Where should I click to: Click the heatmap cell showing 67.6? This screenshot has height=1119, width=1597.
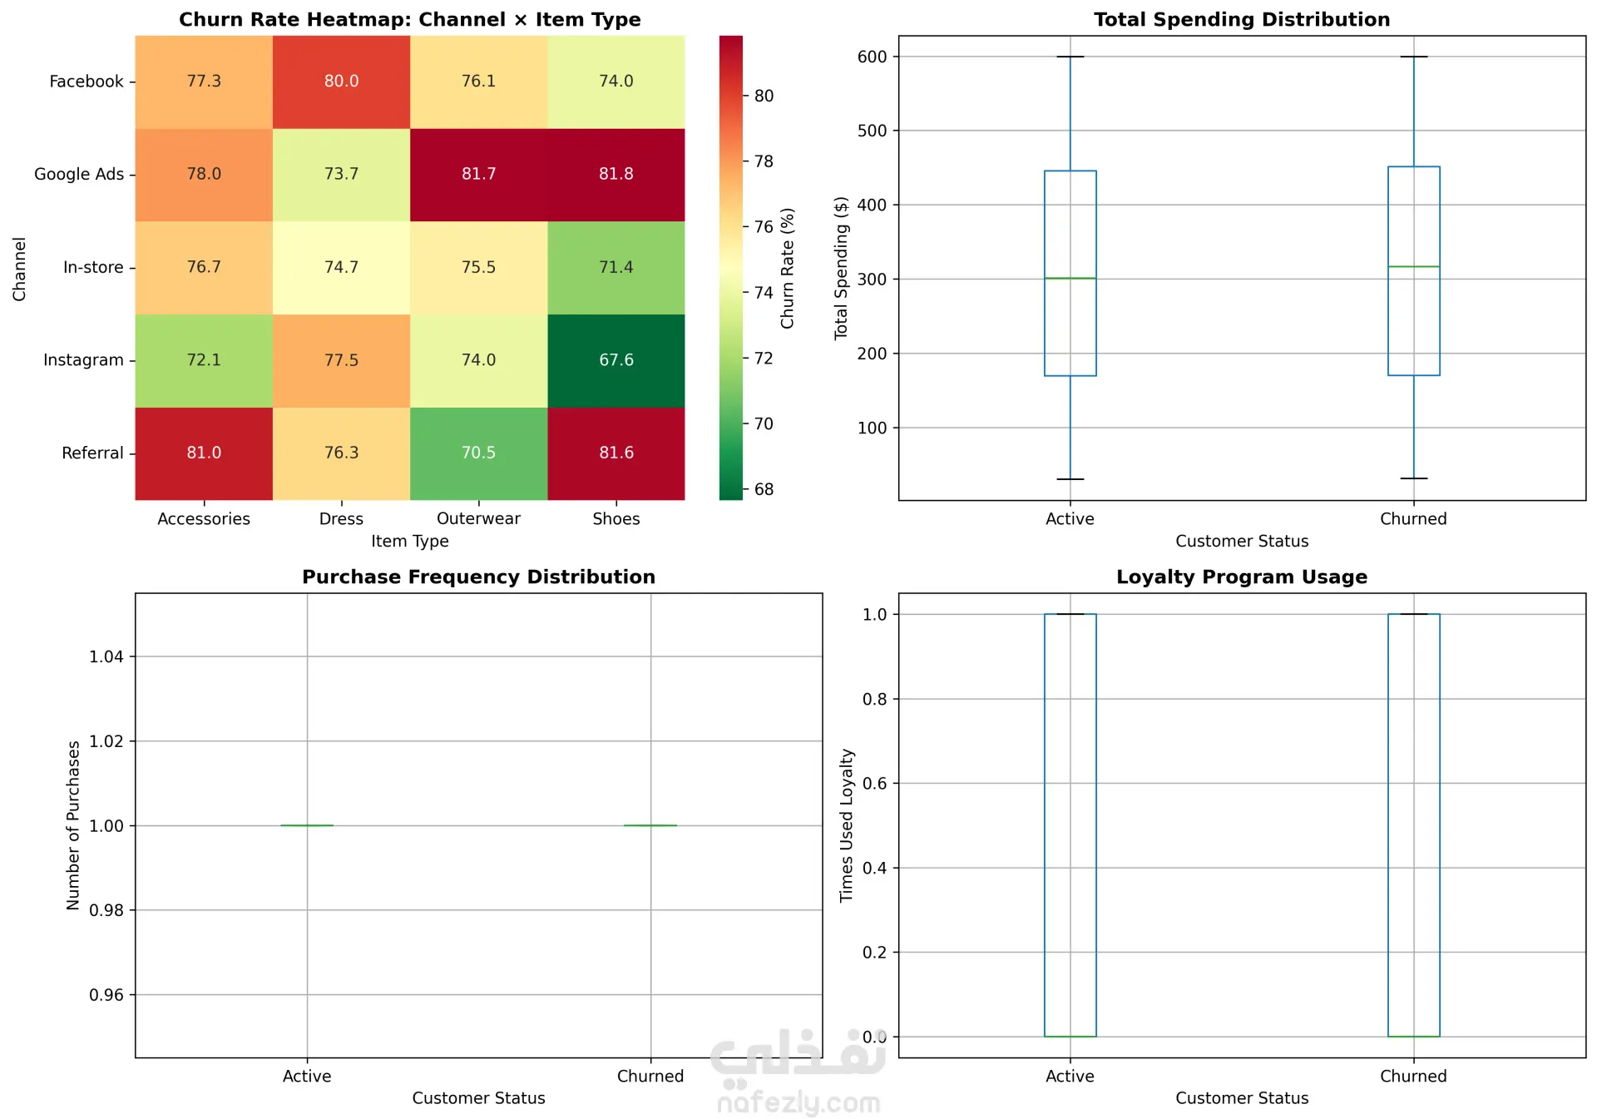point(616,360)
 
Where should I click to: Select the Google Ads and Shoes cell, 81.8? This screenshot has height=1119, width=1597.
point(616,174)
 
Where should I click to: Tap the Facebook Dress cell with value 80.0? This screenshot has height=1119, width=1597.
point(341,81)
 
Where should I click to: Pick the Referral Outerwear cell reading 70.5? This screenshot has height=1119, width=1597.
point(478,453)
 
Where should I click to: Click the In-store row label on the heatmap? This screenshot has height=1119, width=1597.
point(93,267)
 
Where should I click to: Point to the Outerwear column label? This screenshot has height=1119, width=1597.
point(478,518)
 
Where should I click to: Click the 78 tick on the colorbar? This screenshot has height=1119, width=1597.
point(764,161)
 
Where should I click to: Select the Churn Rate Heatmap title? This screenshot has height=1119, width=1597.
point(409,19)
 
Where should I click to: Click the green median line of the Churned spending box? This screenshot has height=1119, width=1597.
point(1413,266)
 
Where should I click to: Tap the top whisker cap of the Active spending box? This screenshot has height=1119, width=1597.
point(1070,57)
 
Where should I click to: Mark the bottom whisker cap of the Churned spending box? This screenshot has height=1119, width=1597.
point(1413,478)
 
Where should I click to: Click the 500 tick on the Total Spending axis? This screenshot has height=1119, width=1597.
point(872,131)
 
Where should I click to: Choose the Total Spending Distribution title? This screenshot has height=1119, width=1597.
point(1241,19)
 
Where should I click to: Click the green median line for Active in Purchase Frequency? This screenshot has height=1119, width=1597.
point(307,825)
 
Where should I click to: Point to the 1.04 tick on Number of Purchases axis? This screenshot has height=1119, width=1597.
point(106,656)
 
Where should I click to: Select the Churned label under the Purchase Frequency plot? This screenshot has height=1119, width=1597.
point(650,1076)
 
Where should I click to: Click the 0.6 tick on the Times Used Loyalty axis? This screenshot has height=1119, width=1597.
point(874,783)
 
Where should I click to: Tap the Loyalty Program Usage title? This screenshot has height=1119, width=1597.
point(1241,577)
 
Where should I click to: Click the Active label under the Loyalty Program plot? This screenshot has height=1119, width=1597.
point(1070,1076)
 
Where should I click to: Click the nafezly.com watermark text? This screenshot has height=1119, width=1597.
point(798,1103)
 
